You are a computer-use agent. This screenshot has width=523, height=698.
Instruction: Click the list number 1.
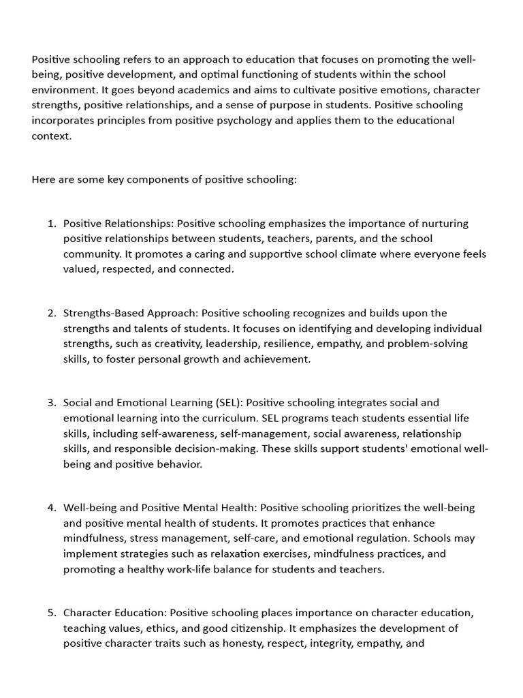(51, 224)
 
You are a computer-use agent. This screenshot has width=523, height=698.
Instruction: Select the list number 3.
(51, 403)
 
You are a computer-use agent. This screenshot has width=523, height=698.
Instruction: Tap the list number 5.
(51, 612)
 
